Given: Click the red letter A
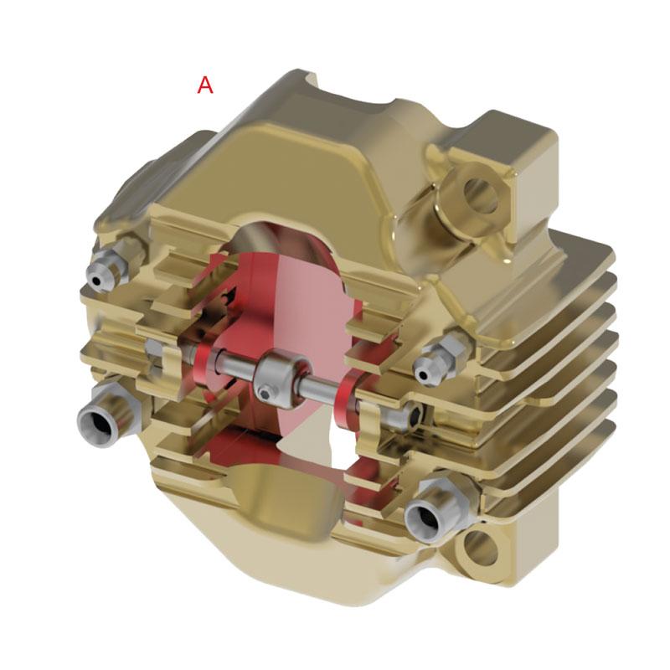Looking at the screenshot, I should [x=205, y=85].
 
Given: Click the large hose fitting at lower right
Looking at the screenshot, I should [x=432, y=512].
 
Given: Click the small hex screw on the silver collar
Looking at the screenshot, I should [x=265, y=392].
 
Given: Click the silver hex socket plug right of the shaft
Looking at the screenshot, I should [x=411, y=415].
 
